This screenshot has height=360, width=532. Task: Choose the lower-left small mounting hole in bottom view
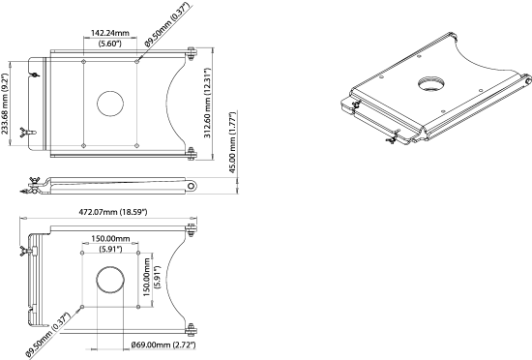(83, 309)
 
